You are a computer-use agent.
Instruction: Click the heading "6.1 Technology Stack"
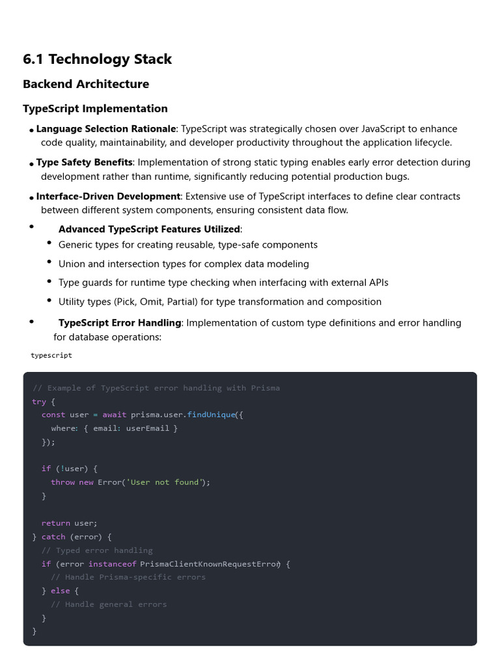pyautogui.click(x=98, y=59)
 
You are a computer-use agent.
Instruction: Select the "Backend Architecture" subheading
pyautogui.click(x=86, y=84)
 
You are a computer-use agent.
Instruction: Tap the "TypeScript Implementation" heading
pyautogui.click(x=95, y=109)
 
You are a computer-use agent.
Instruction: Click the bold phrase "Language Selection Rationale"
pyautogui.click(x=106, y=129)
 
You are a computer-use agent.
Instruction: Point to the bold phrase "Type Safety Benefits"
pyautogui.click(x=85, y=163)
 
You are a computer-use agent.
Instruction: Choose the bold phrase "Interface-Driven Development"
pyautogui.click(x=108, y=197)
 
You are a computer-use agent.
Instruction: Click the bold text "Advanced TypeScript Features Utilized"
pyautogui.click(x=149, y=229)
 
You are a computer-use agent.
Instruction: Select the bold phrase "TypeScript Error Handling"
pyautogui.click(x=120, y=323)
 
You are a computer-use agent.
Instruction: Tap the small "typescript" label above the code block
pyautogui.click(x=51, y=356)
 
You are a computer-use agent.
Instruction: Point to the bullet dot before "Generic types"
pyautogui.click(x=49, y=243)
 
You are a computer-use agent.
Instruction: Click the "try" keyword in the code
pyautogui.click(x=39, y=402)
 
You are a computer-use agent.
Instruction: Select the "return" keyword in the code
pyautogui.click(x=56, y=523)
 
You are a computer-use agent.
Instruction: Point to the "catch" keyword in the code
pyautogui.click(x=53, y=537)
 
